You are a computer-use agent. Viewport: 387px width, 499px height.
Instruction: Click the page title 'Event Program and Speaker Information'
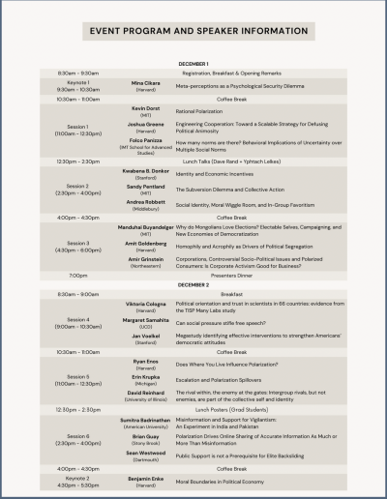pyautogui.click(x=193, y=30)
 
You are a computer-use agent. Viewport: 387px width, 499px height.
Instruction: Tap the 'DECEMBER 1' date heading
pyautogui.click(x=194, y=63)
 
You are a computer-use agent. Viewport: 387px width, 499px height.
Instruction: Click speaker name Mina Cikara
pyautogui.click(x=146, y=83)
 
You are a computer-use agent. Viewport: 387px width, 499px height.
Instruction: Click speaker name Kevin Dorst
pyautogui.click(x=146, y=108)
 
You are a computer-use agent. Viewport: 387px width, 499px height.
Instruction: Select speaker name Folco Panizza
pyautogui.click(x=146, y=140)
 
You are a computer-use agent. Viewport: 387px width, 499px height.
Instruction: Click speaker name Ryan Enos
pyautogui.click(x=146, y=361)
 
